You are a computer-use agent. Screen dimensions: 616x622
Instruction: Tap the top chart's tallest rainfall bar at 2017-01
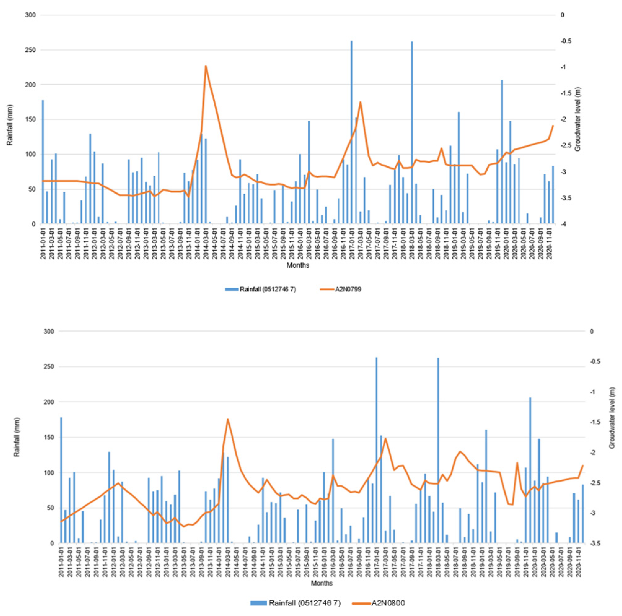click(x=351, y=132)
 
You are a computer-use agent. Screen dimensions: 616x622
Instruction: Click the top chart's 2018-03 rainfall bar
click(x=412, y=132)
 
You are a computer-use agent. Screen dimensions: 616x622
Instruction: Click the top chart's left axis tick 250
click(x=32, y=50)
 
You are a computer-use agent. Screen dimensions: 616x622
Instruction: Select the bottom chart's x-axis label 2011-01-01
click(x=61, y=561)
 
